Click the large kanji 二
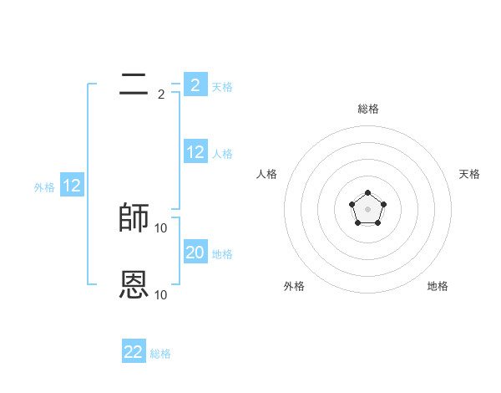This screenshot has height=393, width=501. pos(134,84)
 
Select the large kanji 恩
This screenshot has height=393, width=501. pos(134,285)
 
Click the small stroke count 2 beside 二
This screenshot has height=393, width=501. pos(161,94)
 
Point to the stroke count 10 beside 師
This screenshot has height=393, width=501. pos(161,228)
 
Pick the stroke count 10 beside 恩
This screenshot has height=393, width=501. pos(161,295)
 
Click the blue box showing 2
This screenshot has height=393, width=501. pos(195,84)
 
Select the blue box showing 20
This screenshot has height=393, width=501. pos(195,252)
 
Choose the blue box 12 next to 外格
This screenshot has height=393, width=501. pos(72,186)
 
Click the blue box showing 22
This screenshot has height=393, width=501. pos(134,352)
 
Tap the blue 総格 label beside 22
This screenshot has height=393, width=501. pos(160,354)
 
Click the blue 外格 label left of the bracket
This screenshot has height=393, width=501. pos(44,187)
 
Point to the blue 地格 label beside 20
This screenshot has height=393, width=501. pos(222,253)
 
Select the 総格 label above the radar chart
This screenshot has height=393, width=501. pos(367,109)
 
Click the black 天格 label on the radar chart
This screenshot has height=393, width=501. pos(469,174)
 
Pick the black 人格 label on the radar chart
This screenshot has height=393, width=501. pos(267,174)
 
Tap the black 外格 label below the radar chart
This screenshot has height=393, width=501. pos(294,287)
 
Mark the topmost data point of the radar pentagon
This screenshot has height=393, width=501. pos(367,193)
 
